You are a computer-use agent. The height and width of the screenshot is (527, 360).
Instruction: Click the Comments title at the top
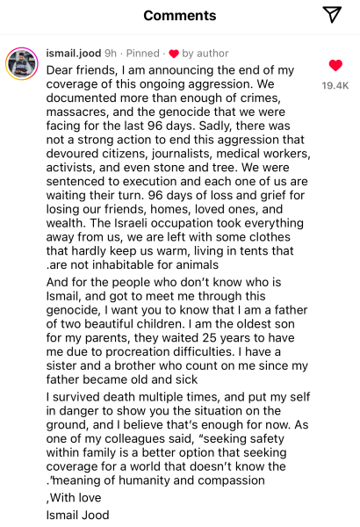[x=179, y=16]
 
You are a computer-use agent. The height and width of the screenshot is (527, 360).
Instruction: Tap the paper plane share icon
[x=331, y=14]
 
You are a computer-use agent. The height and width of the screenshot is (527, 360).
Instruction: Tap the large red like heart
[x=335, y=66]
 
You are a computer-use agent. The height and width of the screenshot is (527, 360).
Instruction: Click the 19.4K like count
[x=335, y=85]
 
